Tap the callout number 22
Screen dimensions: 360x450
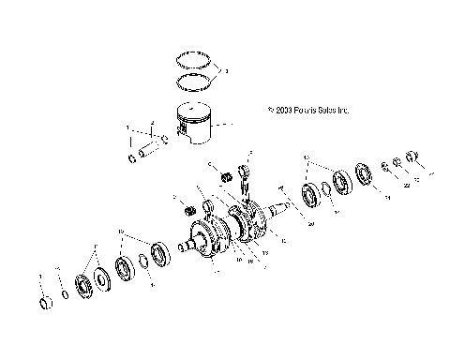pos(406,184)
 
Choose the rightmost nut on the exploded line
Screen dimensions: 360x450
pos(410,157)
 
